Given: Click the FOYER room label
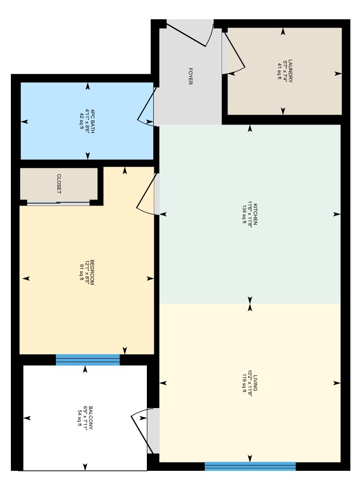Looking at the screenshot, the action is pos(190,76).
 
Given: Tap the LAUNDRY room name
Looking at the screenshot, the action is pos(290,71).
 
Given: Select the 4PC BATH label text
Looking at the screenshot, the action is pos(92,121).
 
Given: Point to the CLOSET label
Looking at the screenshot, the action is pos(59,184).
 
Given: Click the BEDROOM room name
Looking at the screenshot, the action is pos(92,272).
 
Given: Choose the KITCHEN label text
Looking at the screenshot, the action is pos(255,214).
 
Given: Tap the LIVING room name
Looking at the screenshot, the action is pos(255,383).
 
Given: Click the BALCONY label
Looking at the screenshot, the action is pos(91,418).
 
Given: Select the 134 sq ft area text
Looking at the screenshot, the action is pos(244,214).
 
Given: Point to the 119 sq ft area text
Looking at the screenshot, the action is pos(244,383).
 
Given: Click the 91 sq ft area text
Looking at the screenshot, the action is pos(81,272).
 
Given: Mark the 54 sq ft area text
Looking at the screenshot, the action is pos(80,418).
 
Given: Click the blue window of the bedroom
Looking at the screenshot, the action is pos(88,360).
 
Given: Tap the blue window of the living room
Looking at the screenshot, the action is pos(250,466).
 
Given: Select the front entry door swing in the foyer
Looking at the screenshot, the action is pos(190,34).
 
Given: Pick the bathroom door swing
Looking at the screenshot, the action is pos(146,107).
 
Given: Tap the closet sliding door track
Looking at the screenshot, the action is pos(58,204).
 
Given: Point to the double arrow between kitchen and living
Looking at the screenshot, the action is pos(250,304).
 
